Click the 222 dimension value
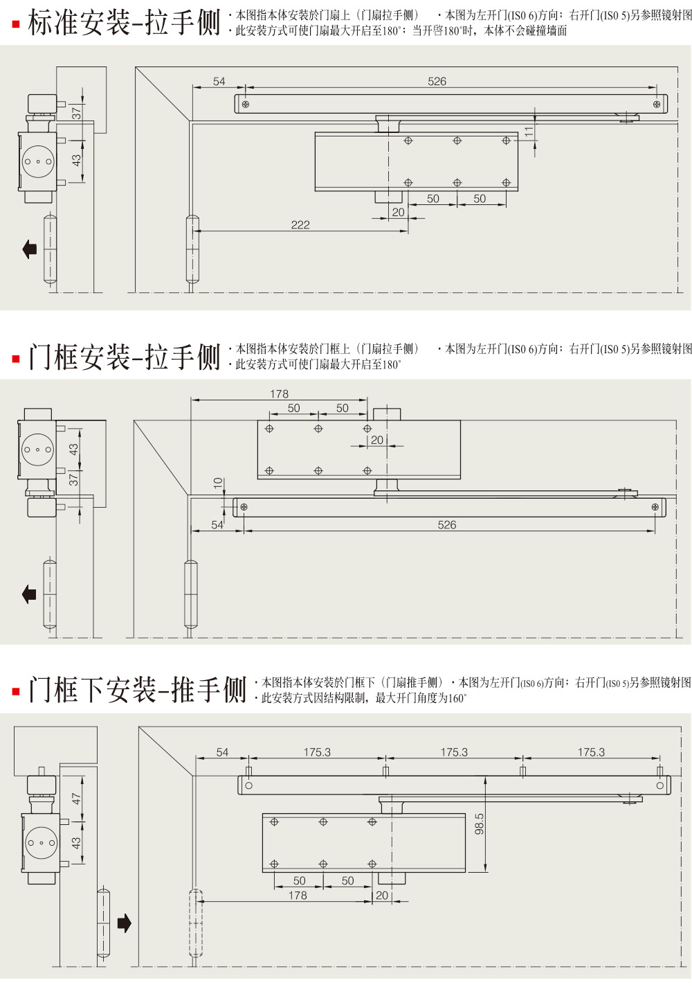(300, 224)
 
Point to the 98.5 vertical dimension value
(480, 824)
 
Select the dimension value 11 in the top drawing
(529, 132)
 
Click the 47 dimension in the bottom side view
(77, 799)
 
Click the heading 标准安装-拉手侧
(124, 24)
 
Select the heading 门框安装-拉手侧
(124, 357)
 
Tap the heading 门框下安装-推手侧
(137, 690)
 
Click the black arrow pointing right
(125, 923)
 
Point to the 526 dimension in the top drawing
(437, 81)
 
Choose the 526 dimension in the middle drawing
(447, 525)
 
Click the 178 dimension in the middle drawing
(280, 393)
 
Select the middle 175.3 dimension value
(454, 752)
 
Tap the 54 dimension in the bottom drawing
(222, 752)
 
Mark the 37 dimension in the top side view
(77, 112)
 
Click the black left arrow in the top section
(30, 249)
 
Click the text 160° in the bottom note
(457, 698)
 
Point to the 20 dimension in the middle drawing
(377, 440)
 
